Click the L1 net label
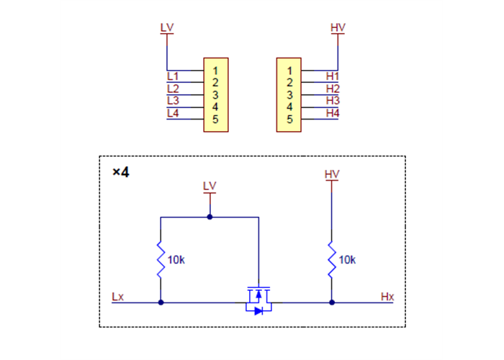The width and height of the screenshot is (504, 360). point(173,76)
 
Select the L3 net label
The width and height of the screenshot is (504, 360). point(173,100)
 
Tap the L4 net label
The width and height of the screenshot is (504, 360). point(173,113)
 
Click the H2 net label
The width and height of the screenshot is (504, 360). point(332,89)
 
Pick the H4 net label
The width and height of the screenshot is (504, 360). point(332,113)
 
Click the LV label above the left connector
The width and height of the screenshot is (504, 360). point(167,28)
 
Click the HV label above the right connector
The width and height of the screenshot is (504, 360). point(338,28)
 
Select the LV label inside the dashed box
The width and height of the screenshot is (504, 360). point(210,186)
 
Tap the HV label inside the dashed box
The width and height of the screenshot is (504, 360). point(332,175)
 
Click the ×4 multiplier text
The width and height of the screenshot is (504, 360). point(120,173)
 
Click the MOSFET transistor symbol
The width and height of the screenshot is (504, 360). point(258,300)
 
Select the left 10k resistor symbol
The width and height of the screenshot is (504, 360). point(161,259)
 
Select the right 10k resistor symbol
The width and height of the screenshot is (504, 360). point(332,259)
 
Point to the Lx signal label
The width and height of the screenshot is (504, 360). point(118,297)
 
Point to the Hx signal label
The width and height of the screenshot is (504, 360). point(387,297)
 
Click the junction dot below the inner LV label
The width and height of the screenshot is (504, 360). point(210,217)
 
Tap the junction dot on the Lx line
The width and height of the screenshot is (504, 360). point(161,303)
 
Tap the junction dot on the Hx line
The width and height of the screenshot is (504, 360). point(332,303)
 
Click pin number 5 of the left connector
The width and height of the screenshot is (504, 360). point(215,119)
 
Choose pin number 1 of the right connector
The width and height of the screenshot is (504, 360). point(289,71)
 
